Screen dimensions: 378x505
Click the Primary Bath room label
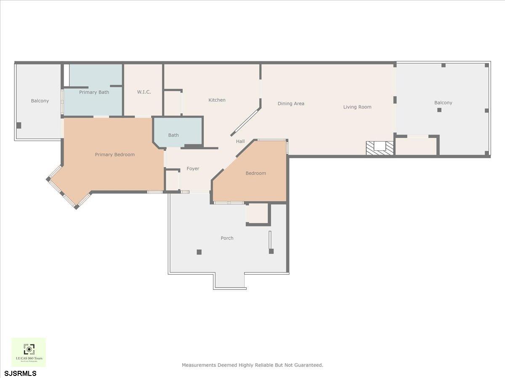click(94, 92)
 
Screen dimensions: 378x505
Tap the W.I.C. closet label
click(144, 92)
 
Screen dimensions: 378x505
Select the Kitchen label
click(217, 100)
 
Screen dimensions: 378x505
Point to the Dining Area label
click(291, 104)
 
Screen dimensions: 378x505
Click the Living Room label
click(357, 107)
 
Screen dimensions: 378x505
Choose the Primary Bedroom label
click(114, 155)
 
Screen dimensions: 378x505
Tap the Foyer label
click(193, 169)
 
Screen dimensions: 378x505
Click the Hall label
click(240, 142)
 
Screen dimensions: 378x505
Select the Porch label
click(227, 238)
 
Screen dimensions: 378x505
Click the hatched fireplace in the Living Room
click(380, 147)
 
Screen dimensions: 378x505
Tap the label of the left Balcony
click(40, 101)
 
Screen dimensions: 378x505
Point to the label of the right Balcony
click(443, 103)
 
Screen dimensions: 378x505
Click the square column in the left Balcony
click(19, 125)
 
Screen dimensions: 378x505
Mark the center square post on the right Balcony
click(439, 110)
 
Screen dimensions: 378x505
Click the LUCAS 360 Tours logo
click(29, 352)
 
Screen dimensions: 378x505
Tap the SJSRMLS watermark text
click(21, 373)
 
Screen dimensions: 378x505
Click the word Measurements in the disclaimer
click(199, 365)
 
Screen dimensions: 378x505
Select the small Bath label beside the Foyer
click(173, 135)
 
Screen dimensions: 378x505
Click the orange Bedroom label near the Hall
click(255, 173)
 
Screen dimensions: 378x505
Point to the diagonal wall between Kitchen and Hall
click(246, 121)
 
